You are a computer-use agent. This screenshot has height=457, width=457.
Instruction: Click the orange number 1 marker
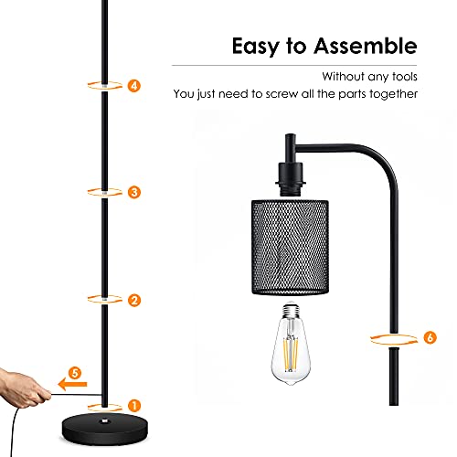(134, 406)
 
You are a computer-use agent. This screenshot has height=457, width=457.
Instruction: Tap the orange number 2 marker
(134, 301)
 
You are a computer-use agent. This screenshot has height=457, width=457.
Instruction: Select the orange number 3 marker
(134, 192)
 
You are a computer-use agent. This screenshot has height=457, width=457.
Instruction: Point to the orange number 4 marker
(134, 86)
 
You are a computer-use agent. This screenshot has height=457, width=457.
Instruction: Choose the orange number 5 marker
(75, 373)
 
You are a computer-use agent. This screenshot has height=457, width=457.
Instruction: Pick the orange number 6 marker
(430, 337)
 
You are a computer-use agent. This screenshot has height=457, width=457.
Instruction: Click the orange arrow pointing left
(72, 385)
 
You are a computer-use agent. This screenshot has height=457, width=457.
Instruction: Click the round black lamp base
(105, 429)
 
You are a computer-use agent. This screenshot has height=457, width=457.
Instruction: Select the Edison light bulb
(291, 343)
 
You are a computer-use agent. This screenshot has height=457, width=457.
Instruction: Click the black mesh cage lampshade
(290, 247)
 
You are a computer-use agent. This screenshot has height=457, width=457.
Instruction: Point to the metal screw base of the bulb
(291, 309)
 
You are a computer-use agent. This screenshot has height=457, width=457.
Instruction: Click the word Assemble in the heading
(366, 46)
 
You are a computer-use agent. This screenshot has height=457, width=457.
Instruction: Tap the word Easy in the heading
(256, 47)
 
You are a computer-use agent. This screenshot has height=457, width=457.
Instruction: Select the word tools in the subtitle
(405, 77)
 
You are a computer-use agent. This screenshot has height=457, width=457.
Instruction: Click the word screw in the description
(282, 94)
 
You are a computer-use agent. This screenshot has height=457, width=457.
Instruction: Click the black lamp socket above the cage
(290, 179)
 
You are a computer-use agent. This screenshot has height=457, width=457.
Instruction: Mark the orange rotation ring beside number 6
(394, 339)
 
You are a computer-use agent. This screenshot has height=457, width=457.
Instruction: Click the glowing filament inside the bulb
(291, 354)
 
